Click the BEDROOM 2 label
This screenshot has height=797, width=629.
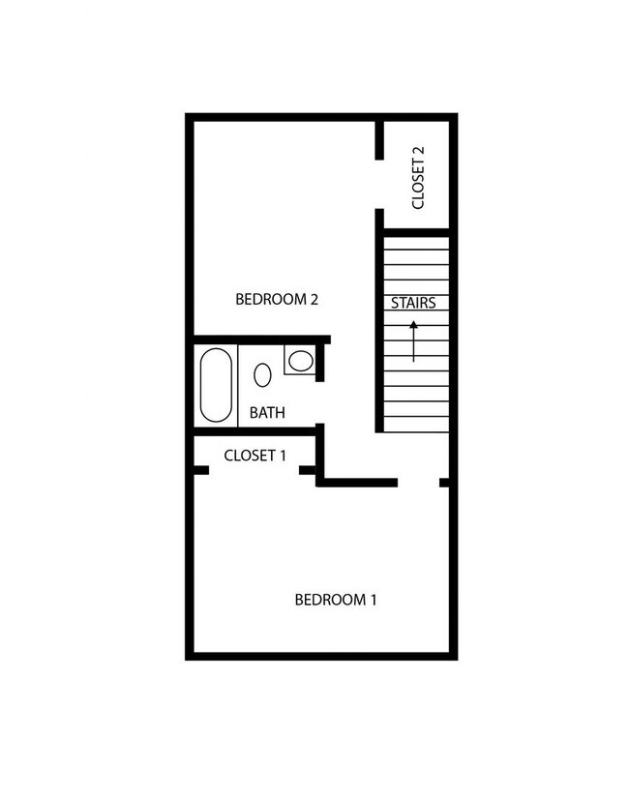point(277,299)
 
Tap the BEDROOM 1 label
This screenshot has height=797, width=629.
point(335,600)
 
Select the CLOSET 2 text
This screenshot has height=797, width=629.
point(418,178)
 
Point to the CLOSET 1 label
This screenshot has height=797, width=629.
point(255,456)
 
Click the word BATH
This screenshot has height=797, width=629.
point(267,413)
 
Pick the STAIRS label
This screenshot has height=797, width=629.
point(413,303)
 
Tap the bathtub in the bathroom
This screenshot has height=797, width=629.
point(215,384)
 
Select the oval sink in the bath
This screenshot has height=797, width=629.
point(262,374)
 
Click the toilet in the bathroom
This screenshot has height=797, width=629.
point(300,362)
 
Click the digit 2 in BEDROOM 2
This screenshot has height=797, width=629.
point(314,299)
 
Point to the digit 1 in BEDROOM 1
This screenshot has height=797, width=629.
point(373,600)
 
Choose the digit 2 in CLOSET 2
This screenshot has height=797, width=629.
point(418,151)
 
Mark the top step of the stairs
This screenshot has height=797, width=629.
point(416,243)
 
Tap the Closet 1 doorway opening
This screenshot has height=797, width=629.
point(255,471)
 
